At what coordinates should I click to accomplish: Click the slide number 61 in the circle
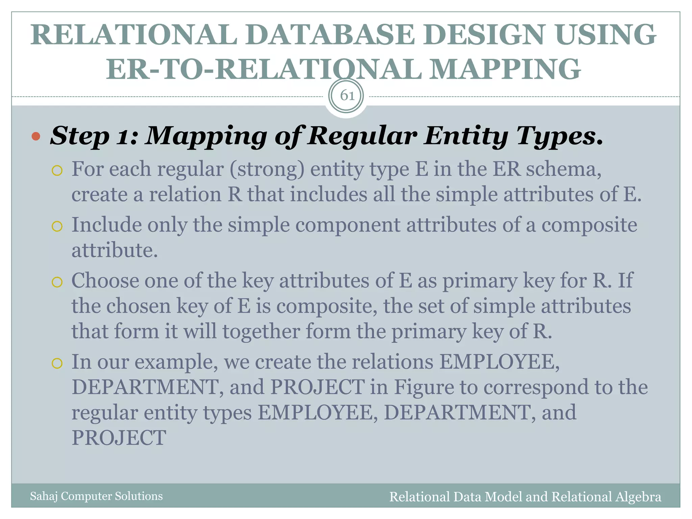[x=347, y=96]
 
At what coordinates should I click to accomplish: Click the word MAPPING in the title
[x=506, y=69]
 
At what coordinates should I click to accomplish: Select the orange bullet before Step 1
[x=36, y=137]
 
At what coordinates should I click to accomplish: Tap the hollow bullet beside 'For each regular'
[x=57, y=170]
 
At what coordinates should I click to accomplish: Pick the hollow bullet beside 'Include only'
[x=57, y=226]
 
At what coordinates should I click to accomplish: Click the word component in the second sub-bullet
[x=348, y=225]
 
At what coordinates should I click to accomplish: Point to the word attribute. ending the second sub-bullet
[x=115, y=250]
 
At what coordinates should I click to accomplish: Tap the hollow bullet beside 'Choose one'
[x=57, y=282]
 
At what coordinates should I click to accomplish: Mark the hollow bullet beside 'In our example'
[x=57, y=363]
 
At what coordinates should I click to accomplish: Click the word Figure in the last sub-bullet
[x=424, y=387]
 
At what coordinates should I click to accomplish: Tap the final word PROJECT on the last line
[x=119, y=438]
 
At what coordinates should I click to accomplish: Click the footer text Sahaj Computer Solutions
[x=96, y=496]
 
